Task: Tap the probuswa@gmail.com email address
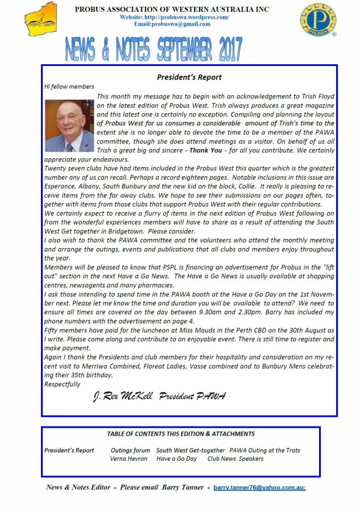(172, 24)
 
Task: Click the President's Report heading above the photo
(189, 77)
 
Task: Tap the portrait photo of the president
(69, 126)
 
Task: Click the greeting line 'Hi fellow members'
(69, 86)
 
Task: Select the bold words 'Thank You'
(206, 151)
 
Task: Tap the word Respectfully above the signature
(62, 384)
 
